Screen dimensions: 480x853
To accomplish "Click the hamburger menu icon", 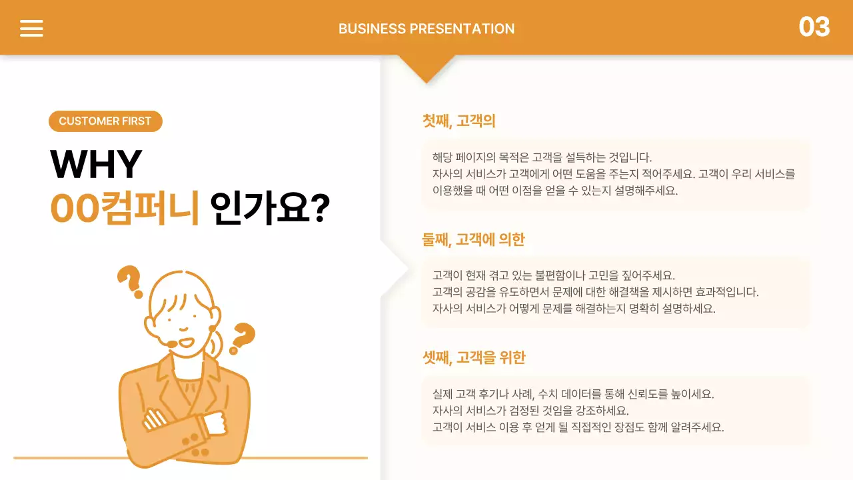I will coord(31,28).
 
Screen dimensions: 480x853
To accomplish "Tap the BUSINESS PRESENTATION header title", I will coord(426,29).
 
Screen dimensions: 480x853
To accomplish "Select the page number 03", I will coord(814,27).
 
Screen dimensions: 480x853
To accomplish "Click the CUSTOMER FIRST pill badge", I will coord(105,121).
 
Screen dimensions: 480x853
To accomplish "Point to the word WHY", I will coord(96,164).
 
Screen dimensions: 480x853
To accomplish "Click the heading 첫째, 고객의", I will coord(458,121).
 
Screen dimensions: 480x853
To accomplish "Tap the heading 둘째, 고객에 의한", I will coord(473,239).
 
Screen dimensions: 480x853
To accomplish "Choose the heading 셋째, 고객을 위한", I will coord(473,357).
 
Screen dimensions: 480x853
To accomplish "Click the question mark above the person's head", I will coord(131,280).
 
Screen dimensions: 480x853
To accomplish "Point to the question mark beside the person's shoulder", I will coord(243,337).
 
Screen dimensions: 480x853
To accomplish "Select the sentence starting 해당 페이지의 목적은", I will coord(541,158).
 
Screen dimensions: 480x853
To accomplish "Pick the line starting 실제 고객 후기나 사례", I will coord(572,394).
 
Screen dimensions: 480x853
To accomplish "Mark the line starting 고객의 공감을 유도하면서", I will coord(595,292).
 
